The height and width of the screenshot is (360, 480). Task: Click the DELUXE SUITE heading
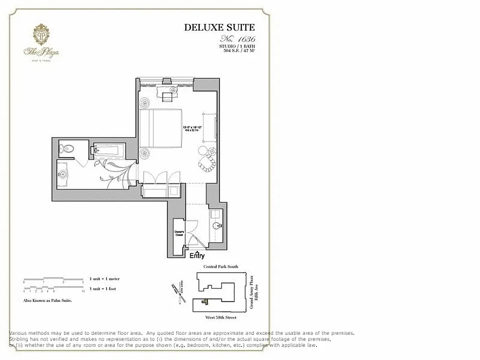[x=220, y=27]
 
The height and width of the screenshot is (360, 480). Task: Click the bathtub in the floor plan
[x=109, y=150]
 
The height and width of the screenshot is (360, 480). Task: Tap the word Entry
[x=197, y=256]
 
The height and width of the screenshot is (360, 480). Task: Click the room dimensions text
[x=192, y=128]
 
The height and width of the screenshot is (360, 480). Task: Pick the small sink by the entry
[x=217, y=225]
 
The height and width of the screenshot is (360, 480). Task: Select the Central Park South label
[x=221, y=267]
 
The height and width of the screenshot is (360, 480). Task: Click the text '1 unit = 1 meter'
[x=104, y=279]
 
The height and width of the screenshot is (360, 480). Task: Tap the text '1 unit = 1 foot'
[x=103, y=288]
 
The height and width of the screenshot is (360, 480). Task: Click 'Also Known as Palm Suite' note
[x=48, y=300]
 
